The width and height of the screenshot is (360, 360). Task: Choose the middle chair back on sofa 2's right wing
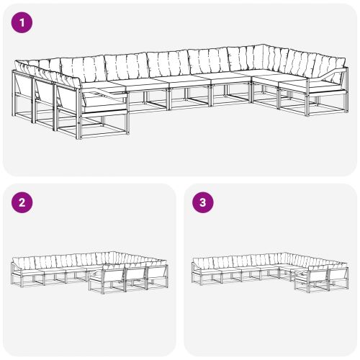pos(135,276)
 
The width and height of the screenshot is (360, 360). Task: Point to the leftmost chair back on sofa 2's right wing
pos(114,276)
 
